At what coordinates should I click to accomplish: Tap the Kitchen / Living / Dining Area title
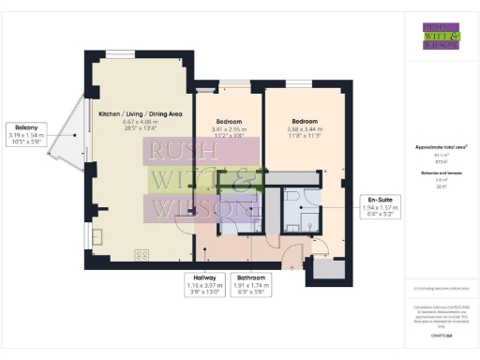click(x=140, y=113)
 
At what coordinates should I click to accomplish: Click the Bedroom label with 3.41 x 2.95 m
click(x=229, y=122)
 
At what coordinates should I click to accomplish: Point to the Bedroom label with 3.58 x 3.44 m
click(x=308, y=122)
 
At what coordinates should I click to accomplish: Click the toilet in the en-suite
click(x=291, y=198)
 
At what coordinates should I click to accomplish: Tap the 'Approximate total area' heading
click(x=441, y=148)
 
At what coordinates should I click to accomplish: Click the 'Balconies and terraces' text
click(x=441, y=174)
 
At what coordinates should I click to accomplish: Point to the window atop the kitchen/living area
click(x=119, y=52)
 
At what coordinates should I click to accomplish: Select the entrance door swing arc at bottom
click(x=293, y=251)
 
